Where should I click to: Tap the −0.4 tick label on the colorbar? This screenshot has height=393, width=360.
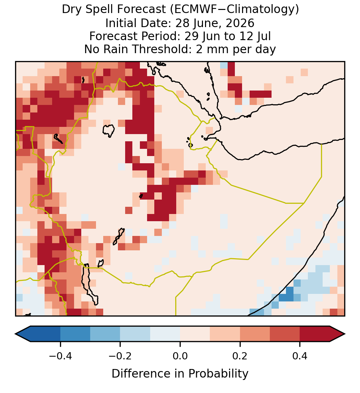click(x=60, y=356)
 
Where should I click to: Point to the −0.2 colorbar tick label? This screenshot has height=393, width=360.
click(x=120, y=356)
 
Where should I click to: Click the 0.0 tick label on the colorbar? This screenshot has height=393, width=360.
click(x=180, y=356)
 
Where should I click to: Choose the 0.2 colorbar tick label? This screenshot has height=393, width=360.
click(x=240, y=356)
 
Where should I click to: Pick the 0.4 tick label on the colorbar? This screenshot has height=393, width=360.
click(x=300, y=356)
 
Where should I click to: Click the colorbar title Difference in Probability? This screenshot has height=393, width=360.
click(x=180, y=373)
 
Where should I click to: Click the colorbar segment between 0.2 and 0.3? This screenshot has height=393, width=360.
click(x=255, y=334)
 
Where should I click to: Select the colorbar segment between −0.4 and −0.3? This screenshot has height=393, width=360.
click(x=75, y=334)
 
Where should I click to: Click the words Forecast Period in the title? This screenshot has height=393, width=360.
click(x=135, y=36)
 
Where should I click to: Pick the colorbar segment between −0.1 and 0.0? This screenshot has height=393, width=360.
click(x=165, y=334)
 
